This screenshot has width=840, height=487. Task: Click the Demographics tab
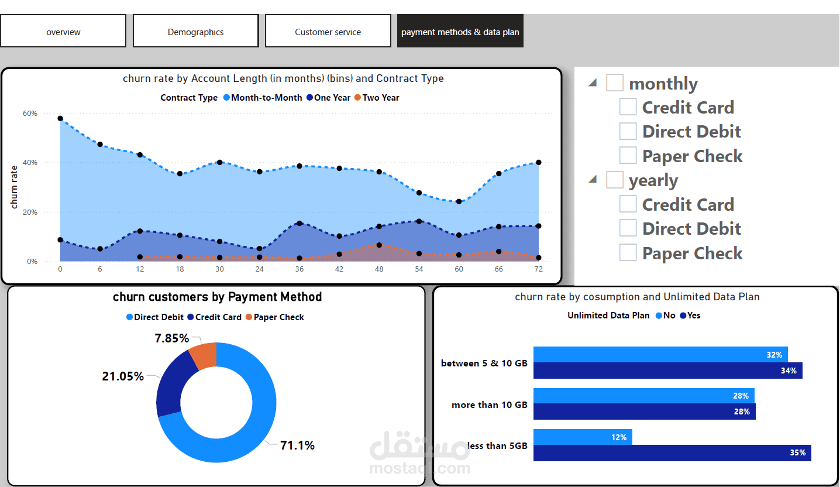tap(195, 32)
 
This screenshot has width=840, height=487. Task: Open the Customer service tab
tap(328, 32)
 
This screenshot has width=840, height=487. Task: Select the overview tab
tap(63, 32)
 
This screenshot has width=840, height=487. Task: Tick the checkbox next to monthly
tap(614, 83)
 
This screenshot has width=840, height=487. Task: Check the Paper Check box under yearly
tap(628, 253)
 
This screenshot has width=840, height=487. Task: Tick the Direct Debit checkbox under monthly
tap(628, 131)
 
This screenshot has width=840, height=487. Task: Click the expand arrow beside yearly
tap(593, 180)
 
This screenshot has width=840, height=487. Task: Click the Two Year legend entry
tap(380, 98)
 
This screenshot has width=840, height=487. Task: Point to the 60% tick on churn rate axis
tap(30, 113)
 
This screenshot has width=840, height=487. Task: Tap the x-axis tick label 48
tap(379, 269)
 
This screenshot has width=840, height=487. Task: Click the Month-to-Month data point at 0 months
tap(60, 118)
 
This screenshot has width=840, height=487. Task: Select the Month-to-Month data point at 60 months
tap(459, 201)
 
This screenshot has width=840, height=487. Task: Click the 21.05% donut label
tap(123, 376)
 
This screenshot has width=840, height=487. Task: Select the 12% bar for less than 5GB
tap(583, 437)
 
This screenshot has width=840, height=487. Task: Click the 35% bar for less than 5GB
tap(672, 452)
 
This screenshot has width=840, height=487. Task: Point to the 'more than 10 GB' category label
tap(489, 404)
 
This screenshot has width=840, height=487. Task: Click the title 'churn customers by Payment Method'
tap(217, 297)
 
